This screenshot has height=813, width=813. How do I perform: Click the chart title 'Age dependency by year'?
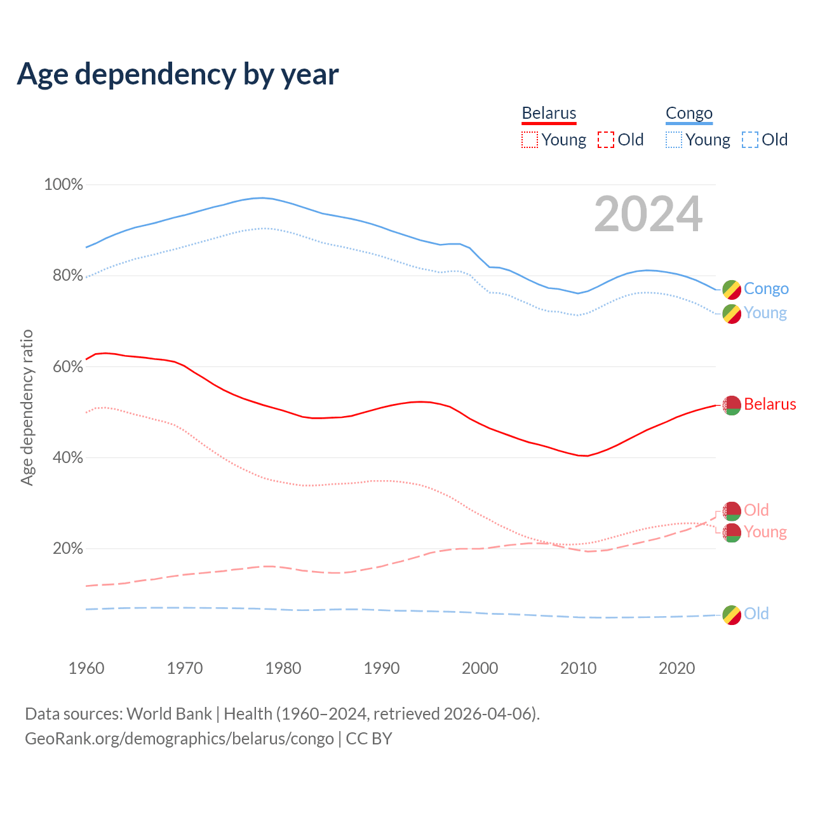(178, 74)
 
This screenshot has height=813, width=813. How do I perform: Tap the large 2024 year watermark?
(648, 214)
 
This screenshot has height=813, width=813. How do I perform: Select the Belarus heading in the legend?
(549, 113)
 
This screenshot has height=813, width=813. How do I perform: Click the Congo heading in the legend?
(689, 113)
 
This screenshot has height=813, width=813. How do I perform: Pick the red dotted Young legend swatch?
(530, 140)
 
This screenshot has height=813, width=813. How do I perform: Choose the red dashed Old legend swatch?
(606, 140)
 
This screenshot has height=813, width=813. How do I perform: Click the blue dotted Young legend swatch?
(674, 140)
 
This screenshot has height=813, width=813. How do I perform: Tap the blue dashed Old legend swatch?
(750, 140)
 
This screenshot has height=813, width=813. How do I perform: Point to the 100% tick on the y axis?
(64, 185)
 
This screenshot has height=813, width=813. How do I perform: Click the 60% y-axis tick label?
(67, 367)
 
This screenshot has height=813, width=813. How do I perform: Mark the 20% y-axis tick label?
(67, 549)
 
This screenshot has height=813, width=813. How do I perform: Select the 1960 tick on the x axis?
(86, 668)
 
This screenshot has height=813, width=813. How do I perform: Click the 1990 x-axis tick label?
(382, 668)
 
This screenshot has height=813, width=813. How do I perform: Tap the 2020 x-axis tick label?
(677, 668)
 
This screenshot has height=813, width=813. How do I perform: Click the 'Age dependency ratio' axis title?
(27, 407)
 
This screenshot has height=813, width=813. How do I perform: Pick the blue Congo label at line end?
(766, 289)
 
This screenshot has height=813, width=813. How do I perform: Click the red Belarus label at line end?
(770, 405)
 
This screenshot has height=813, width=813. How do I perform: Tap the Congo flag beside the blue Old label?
(732, 615)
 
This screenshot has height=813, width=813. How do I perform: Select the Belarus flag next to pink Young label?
(732, 533)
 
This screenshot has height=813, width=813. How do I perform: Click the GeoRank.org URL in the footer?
(179, 739)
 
